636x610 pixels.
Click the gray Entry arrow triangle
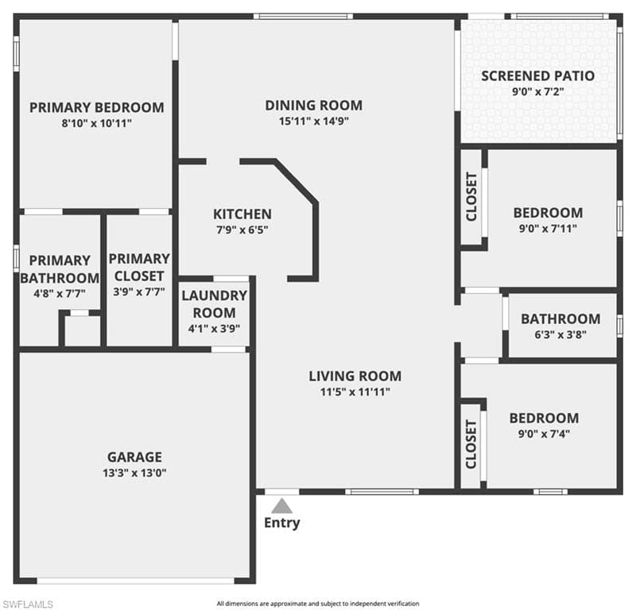282,506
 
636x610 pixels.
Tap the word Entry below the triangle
282,523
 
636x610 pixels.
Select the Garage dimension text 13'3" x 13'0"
134,473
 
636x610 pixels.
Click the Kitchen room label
242,214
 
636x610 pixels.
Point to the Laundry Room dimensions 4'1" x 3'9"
214,328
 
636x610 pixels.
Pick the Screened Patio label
538,75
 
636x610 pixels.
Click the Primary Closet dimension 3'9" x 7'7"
138,291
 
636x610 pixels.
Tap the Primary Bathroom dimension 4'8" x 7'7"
60,293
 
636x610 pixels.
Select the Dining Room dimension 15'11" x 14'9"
314,122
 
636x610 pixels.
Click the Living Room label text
355,376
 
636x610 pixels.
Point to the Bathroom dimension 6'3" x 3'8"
560,335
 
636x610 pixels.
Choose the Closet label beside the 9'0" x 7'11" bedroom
471,197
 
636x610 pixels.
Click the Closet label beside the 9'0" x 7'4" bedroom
471,444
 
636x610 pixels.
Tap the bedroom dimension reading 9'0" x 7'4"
544,434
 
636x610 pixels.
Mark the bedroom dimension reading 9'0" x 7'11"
548,229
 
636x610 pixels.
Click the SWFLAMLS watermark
27,604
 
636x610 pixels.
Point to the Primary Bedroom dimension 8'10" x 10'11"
97,123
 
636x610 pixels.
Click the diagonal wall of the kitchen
296,182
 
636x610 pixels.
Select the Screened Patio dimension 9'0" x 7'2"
538,91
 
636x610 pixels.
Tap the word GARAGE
134,457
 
